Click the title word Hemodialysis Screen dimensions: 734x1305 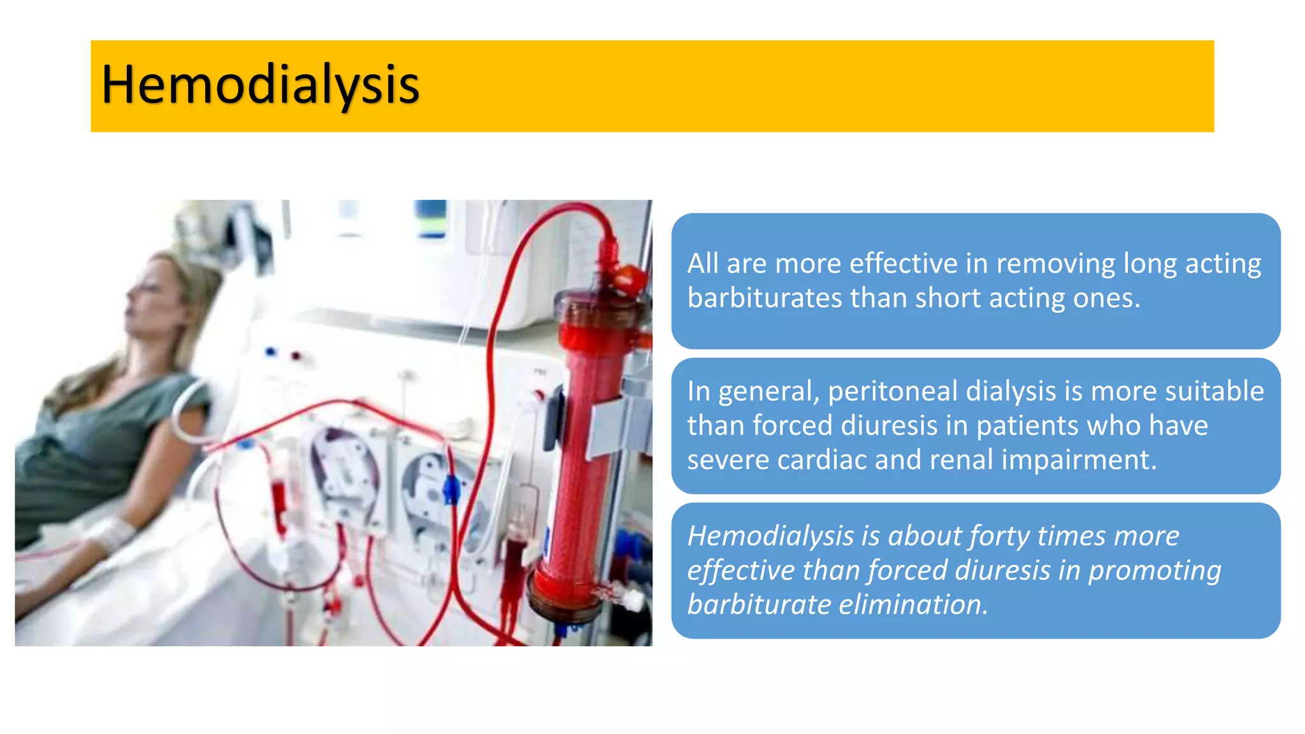(x=260, y=85)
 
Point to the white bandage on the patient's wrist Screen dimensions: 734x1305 (x=115, y=532)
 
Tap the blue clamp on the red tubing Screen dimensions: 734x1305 (x=451, y=490)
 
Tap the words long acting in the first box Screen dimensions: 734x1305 (x=1191, y=264)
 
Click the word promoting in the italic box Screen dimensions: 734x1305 (x=1154, y=571)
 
